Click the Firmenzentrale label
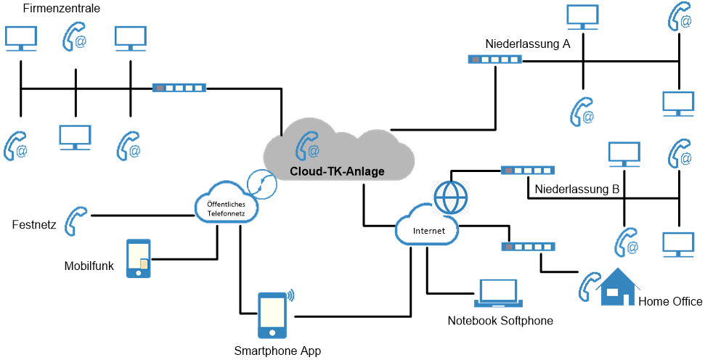point(62,9)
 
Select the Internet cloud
point(428,229)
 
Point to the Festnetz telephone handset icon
point(76,221)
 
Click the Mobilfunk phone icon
point(139,258)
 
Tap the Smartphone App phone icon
point(272,315)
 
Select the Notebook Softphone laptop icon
point(497,293)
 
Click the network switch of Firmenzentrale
point(179,88)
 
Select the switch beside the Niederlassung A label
point(494,60)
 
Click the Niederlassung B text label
point(576,189)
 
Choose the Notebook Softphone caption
point(500,321)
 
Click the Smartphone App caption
point(277,351)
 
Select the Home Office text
point(670,301)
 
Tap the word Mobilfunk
point(89,266)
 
